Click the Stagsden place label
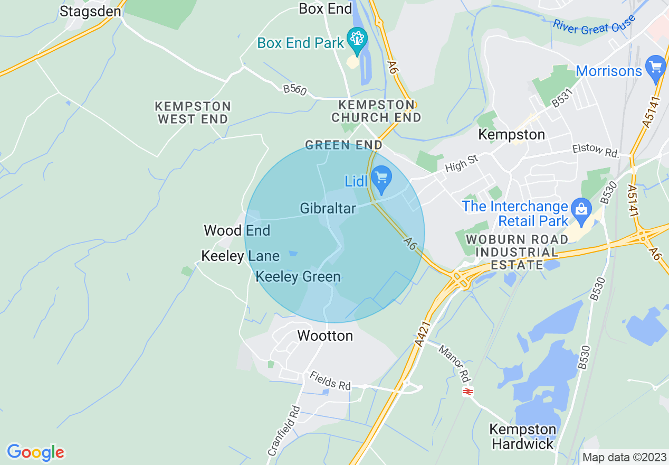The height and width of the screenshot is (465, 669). pos(90,11)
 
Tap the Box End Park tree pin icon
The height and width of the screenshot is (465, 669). pos(357,40)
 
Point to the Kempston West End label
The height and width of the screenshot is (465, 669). pos(193,113)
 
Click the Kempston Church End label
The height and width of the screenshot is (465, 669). pos(376,110)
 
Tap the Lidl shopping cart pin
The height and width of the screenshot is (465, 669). pos(381,179)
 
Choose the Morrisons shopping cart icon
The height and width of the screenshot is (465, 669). pos(656,68)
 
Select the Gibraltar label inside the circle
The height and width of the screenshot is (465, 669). pos(328,208)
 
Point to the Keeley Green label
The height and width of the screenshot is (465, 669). pos(298,276)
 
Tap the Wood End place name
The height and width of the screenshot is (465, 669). pos(237,230)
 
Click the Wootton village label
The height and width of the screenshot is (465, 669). pos(325,336)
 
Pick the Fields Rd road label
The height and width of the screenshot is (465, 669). pos(330,380)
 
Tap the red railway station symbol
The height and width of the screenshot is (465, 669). pos(467,392)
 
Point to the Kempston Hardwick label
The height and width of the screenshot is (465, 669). pos(523,436)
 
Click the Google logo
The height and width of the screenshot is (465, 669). pos(35,452)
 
